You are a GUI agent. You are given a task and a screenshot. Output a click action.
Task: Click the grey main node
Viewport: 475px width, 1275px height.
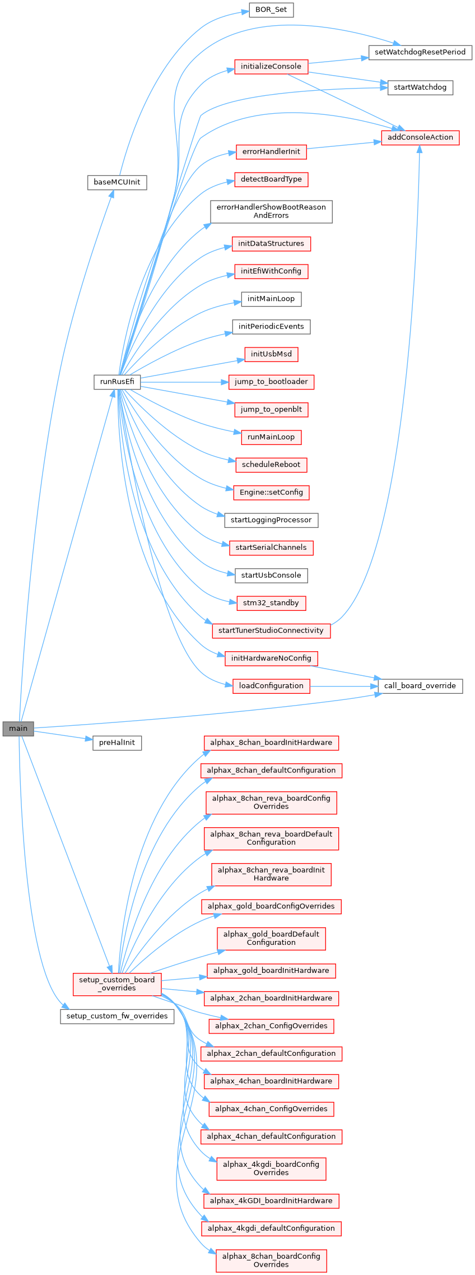pos(18,729)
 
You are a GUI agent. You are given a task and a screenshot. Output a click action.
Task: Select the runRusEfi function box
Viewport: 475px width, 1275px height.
pos(117,382)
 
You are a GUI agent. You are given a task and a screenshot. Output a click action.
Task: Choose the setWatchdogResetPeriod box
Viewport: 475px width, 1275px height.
pos(420,52)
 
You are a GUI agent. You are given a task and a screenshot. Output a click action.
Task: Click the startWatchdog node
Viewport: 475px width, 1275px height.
pos(420,87)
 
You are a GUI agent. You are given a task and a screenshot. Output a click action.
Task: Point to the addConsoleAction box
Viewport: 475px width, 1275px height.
pos(420,137)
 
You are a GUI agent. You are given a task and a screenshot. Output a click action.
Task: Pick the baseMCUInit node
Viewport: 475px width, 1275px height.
pos(117,182)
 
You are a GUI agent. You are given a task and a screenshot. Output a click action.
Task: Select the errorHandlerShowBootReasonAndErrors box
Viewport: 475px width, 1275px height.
pos(271,211)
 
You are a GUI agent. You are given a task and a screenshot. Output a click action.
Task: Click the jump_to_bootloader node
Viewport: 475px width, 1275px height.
pos(271,382)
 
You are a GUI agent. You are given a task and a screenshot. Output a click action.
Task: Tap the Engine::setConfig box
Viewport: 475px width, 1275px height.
pos(271,493)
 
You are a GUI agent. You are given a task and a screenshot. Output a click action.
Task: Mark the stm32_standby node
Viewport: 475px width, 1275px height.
pos(271,603)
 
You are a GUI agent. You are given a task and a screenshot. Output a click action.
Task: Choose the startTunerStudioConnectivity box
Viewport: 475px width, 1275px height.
pos(271,630)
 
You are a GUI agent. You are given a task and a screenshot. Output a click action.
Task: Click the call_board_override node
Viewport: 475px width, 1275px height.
pos(420,685)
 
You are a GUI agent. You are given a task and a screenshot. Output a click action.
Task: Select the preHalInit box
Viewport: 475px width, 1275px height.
pos(117,743)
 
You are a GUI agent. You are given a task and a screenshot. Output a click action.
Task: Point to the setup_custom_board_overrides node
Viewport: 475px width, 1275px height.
pos(117,984)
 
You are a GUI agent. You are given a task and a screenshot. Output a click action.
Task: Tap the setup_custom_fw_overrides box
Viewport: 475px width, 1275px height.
pos(117,1016)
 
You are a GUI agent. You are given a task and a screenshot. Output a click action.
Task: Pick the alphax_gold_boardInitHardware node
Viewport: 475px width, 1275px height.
pos(271,971)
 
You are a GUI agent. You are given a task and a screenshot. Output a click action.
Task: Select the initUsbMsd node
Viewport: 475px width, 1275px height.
pos(271,354)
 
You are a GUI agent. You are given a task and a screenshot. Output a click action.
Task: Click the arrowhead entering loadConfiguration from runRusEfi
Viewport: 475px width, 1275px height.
pos(229,684)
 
